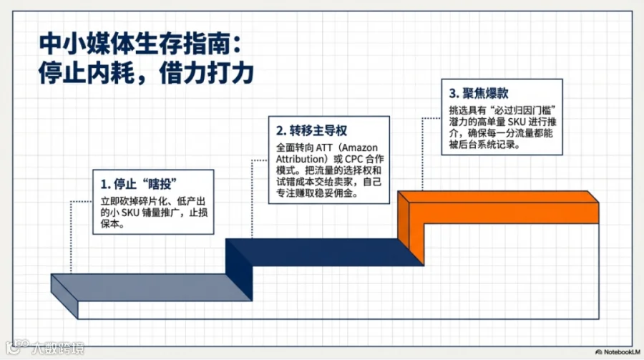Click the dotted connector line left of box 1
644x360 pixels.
coord(71,236)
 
